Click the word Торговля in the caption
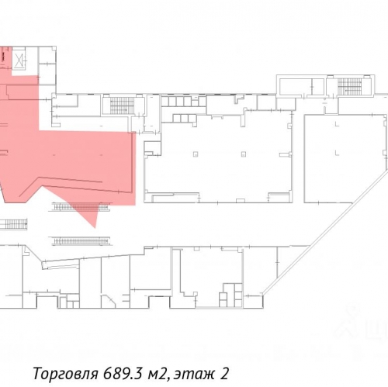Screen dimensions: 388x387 66,374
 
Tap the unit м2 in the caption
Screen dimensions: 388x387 157,374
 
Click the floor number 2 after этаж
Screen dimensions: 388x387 224,373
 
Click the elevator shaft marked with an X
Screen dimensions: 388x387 19,61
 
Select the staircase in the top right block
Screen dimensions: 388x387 349,87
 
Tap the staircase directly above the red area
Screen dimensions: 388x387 122,105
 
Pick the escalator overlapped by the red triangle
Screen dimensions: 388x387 81,207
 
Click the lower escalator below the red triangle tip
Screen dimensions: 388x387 81,240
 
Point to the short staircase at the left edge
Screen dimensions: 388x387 13,224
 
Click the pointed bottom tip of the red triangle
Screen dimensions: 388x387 95,228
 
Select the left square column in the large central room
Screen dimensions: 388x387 196,154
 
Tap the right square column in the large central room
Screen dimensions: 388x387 244,154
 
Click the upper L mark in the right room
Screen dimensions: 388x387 337,124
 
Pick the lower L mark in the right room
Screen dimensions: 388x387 337,153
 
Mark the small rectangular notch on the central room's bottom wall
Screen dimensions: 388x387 241,200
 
